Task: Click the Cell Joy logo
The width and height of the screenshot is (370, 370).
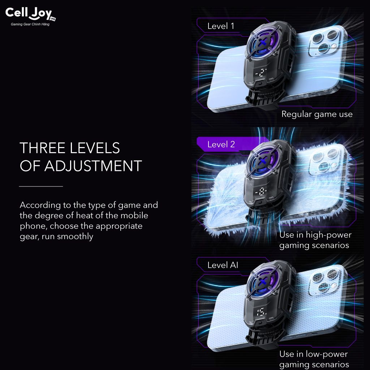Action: pos(30,14)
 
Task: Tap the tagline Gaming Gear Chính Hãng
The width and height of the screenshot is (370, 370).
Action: pos(30,24)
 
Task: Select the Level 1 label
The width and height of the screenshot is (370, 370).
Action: pos(221,26)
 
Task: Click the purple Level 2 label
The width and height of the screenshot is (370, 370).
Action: pos(221,144)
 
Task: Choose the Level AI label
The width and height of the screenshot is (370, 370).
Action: pos(223,265)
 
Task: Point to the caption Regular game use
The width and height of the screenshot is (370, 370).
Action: pos(317,115)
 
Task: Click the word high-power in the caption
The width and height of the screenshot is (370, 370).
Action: pos(328,235)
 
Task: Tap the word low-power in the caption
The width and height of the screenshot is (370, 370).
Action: pos(327,354)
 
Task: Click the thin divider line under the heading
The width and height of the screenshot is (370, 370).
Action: pos(41,186)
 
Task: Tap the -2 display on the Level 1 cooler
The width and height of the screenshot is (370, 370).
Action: pos(261,73)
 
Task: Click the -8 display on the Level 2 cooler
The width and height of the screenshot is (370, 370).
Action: pos(261,192)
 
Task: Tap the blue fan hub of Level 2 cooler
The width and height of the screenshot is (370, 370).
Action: pos(262,161)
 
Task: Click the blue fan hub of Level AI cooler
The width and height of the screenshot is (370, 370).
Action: pos(262,282)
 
